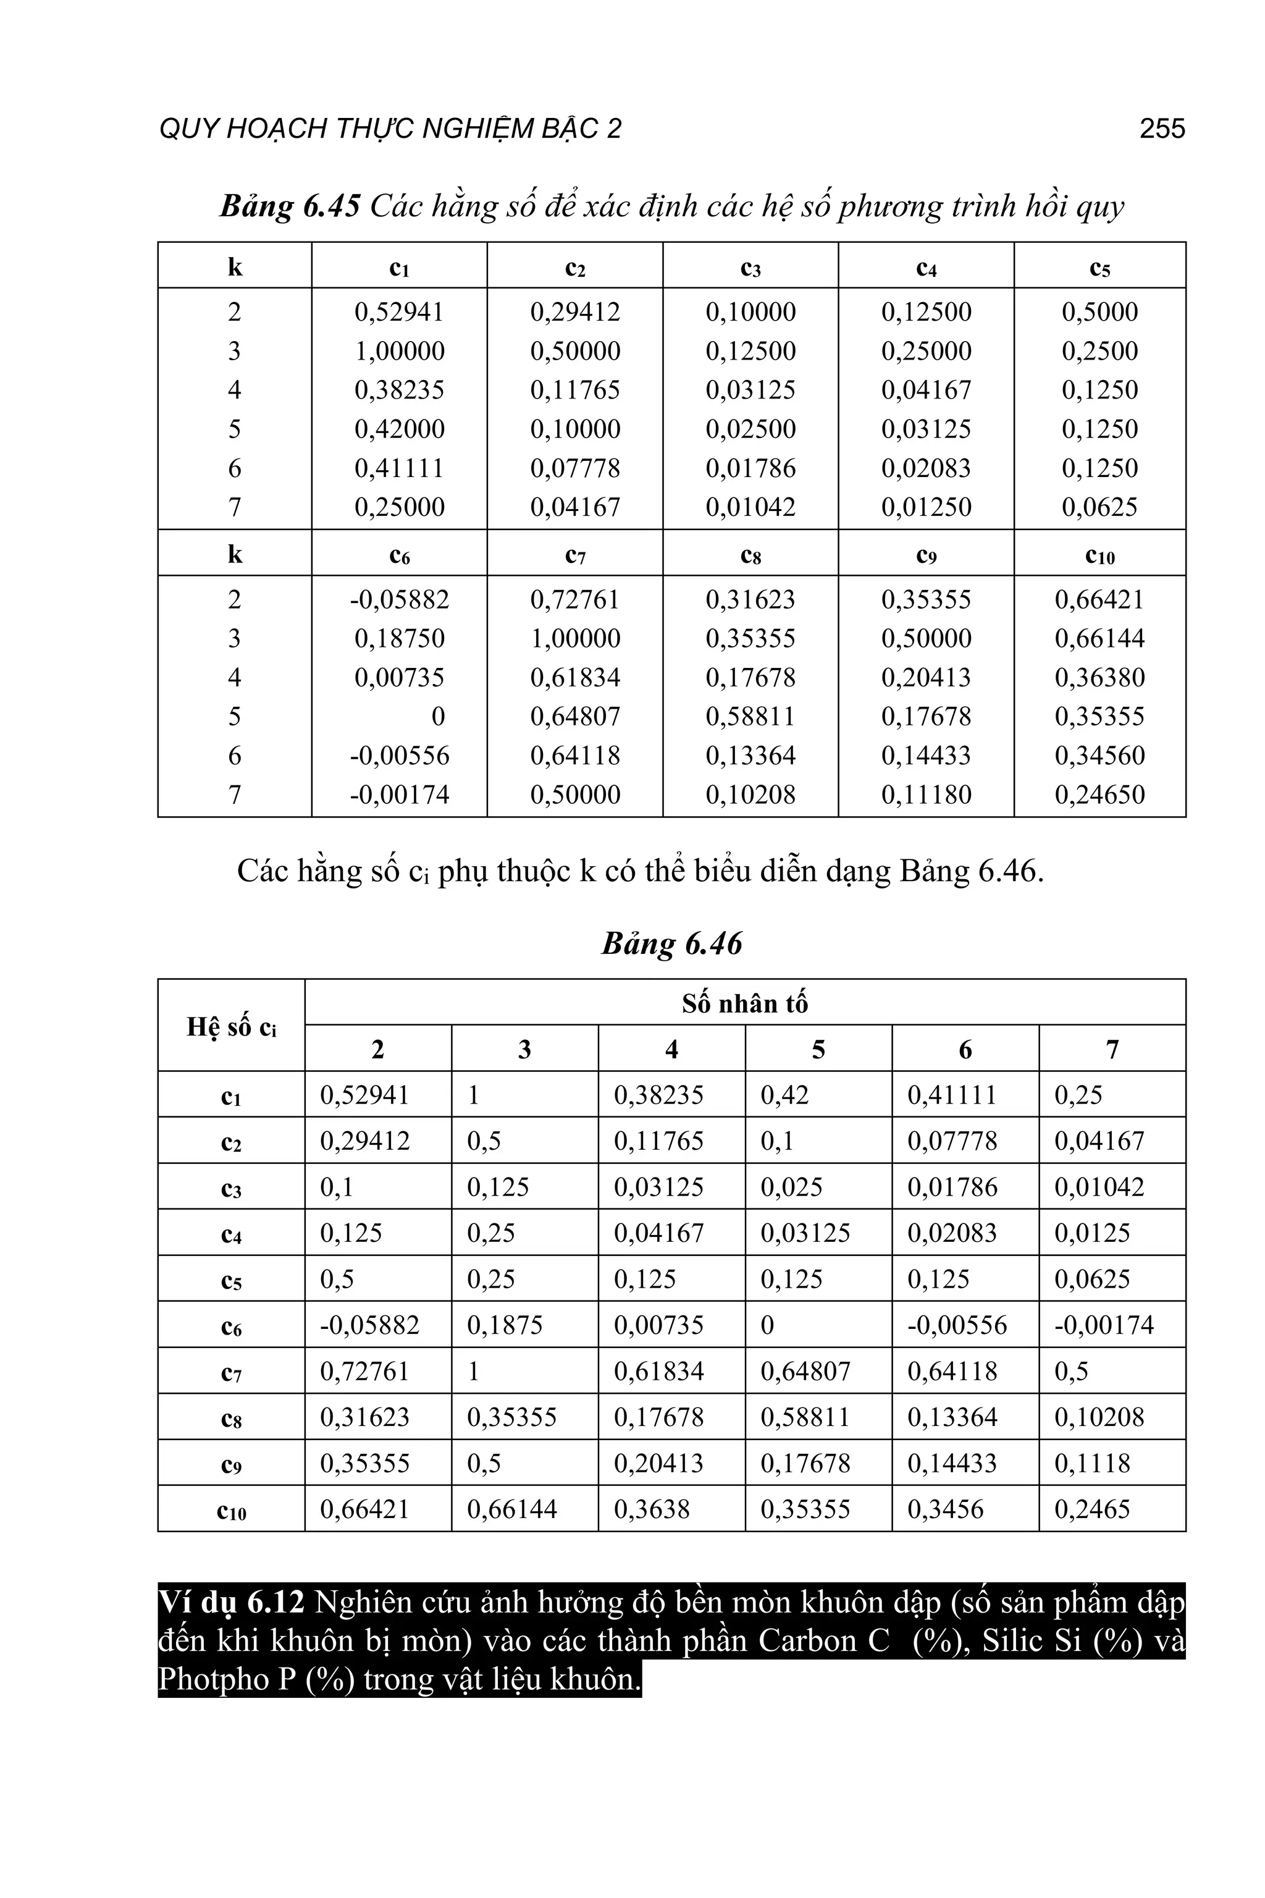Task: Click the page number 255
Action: tap(1162, 129)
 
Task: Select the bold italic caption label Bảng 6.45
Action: tap(290, 206)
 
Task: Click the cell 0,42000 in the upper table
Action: tap(400, 429)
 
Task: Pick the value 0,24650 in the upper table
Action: tap(1099, 795)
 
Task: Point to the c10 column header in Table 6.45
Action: tap(1099, 555)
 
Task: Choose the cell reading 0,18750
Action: tap(400, 638)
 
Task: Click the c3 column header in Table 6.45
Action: tap(750, 267)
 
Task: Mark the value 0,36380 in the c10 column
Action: tap(1099, 677)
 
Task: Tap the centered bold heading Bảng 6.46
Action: tap(671, 943)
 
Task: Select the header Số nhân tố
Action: tap(745, 1003)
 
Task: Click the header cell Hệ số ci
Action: tap(232, 1026)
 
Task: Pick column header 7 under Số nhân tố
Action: tap(1112, 1049)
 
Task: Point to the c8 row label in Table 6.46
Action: tap(232, 1418)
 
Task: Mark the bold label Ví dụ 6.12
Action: tap(232, 1602)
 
